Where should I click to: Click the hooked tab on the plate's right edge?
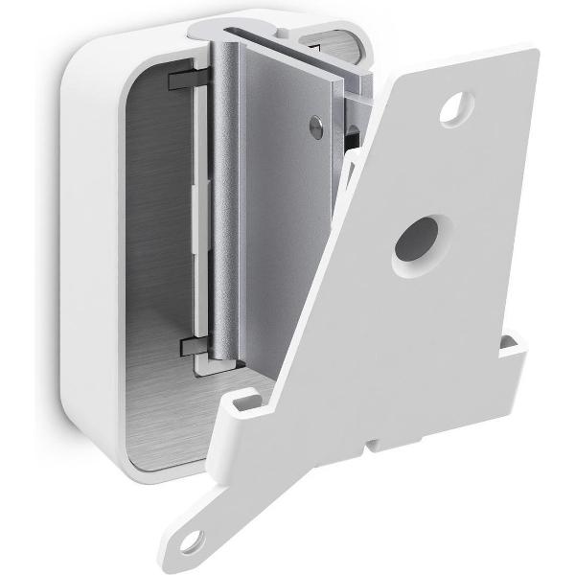[x=516, y=347]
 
